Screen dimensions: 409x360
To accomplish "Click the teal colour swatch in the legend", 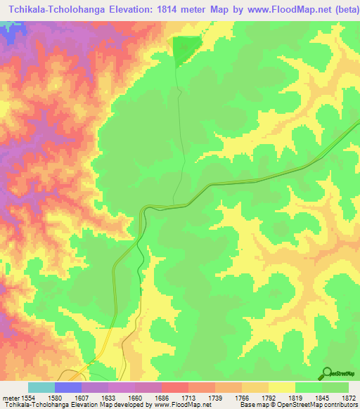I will [x=41, y=387].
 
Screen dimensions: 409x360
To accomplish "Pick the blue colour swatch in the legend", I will [x=68, y=387].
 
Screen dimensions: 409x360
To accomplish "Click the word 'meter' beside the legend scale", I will [x=13, y=398].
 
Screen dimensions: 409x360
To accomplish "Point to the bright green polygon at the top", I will [x=185, y=48].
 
